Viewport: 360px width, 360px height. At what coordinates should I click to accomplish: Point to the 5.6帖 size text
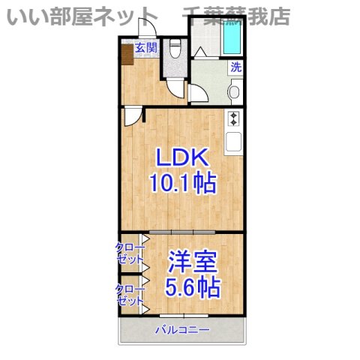[x=193, y=287]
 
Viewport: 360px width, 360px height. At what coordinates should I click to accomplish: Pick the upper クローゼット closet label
[x=129, y=253]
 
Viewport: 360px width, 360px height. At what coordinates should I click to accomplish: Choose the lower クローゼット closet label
[x=129, y=295]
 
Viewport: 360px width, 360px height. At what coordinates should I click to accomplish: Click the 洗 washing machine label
[x=235, y=66]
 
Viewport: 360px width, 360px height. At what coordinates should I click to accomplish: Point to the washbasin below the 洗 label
[x=235, y=93]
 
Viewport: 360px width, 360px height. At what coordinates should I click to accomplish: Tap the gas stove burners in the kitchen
[x=233, y=118]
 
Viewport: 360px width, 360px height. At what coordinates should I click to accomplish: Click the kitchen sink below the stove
[x=233, y=140]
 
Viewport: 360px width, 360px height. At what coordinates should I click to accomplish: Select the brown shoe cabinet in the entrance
[x=126, y=55]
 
